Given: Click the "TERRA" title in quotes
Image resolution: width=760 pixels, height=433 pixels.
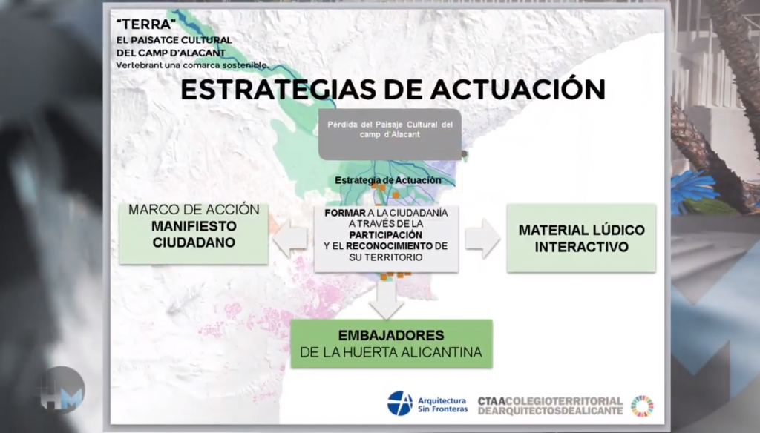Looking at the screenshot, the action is (x=146, y=24).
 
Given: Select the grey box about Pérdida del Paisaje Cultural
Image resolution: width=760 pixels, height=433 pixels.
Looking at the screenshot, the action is (x=390, y=134).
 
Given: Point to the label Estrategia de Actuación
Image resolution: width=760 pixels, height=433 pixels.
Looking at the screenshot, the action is (x=387, y=180).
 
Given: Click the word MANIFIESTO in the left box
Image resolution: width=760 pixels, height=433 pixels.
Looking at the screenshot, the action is (x=194, y=226).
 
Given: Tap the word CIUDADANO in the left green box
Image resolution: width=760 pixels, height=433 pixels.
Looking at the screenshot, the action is (x=194, y=242).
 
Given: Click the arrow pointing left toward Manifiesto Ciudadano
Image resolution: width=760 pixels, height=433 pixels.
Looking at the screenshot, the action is (x=290, y=238).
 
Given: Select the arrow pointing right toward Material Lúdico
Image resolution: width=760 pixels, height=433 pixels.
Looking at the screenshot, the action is (x=482, y=238).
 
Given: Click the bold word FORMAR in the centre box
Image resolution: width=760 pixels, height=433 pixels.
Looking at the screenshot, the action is (x=344, y=213).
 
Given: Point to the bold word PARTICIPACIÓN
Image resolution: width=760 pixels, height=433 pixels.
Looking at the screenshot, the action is (x=386, y=235).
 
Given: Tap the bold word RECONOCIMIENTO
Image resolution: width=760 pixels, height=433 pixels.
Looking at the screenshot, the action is (x=389, y=246).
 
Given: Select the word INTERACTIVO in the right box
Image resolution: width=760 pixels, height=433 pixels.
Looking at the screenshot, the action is (x=582, y=247).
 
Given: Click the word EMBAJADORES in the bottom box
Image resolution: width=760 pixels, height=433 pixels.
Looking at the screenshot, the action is (x=391, y=335).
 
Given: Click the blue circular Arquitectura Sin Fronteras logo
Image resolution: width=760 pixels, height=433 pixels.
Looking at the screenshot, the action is (x=400, y=403).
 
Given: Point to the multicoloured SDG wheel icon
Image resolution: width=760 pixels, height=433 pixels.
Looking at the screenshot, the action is (x=642, y=406).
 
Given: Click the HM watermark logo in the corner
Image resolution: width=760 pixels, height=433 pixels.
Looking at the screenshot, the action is (x=62, y=390).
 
